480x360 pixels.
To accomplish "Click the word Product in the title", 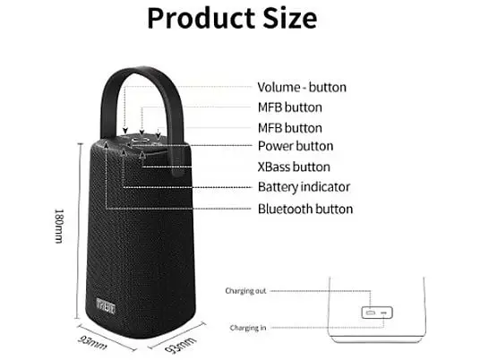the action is pos(202,18).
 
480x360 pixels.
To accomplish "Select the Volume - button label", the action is pos(302,87).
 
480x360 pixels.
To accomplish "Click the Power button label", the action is pos(296,146).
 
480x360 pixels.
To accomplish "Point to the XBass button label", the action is pos(294,167).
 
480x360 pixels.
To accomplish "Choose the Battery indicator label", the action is pos(304,187).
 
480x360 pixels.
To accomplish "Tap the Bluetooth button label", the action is pos(305,209).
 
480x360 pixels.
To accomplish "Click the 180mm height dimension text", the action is pos(58,226).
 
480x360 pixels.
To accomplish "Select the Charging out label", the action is pos(245,291).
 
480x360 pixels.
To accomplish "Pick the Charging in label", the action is pos(248,328).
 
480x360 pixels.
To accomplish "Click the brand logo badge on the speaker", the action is pos(106,305).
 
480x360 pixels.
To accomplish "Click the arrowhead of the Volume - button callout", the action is pos(124,131).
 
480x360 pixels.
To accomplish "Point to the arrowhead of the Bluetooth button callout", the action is pos(106,143).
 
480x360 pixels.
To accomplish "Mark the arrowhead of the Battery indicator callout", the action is pos(123,152).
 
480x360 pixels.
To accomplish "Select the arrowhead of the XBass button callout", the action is pos(142,155).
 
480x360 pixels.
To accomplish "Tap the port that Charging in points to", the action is pos(384,313).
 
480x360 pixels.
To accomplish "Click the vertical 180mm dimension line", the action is pos(79,231).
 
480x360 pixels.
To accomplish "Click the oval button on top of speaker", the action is pos(141,140).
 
